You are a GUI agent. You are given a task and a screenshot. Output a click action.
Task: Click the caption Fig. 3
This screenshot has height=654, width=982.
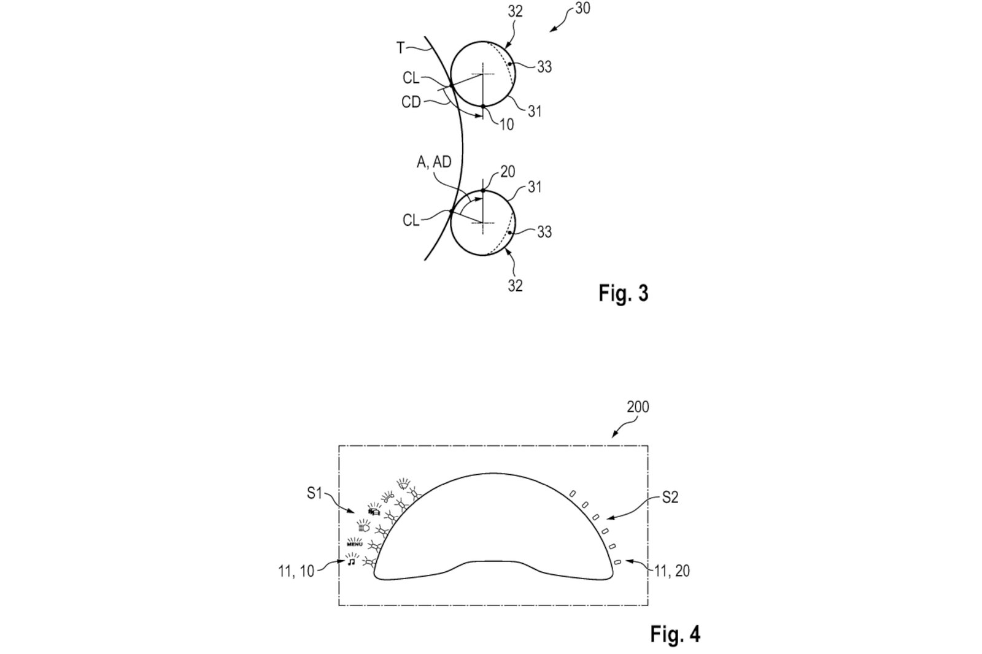(623, 293)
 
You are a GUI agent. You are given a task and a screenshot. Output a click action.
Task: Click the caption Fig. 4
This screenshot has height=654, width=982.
(675, 634)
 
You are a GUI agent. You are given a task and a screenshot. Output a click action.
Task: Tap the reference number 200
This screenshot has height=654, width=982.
(638, 407)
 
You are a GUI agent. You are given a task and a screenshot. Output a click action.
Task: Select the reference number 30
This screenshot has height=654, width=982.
(582, 9)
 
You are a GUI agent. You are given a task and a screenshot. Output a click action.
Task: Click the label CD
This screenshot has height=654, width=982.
(411, 102)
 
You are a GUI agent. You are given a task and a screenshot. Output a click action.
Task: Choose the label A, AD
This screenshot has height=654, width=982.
(434, 162)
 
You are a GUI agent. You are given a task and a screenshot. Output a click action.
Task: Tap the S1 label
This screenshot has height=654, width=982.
(314, 493)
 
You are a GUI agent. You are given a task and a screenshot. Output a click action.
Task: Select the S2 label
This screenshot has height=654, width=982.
(670, 498)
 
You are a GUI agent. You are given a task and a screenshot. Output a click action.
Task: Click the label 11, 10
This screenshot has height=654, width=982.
(295, 571)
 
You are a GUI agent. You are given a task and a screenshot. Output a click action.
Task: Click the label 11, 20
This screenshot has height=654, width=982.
(671, 571)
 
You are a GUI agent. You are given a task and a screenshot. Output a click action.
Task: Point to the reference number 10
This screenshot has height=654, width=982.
(506, 125)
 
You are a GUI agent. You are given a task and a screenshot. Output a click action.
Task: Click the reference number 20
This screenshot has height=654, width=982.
(508, 172)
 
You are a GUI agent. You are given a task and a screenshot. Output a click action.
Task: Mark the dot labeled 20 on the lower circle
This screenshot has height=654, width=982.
(483, 191)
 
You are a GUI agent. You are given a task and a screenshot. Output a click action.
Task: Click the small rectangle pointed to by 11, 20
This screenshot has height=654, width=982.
(617, 561)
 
